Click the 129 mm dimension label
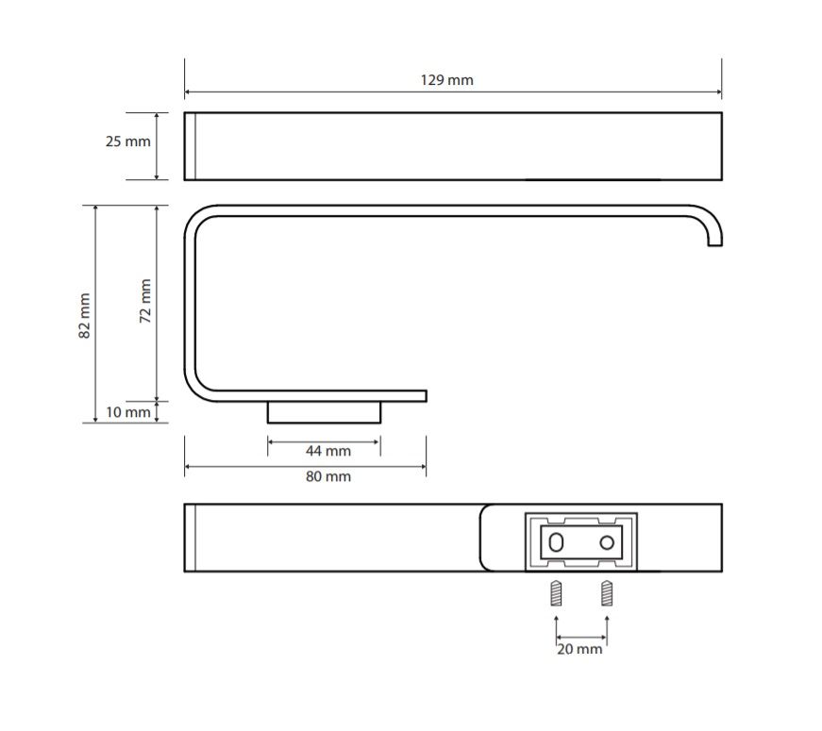tap(446, 80)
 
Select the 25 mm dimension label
tap(128, 141)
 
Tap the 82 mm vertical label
tap(84, 315)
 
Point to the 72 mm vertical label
tap(145, 300)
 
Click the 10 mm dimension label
tap(128, 412)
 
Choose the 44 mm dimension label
tap(328, 451)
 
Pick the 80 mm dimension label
tap(328, 477)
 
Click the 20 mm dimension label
tap(579, 649)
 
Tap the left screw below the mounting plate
tap(556, 593)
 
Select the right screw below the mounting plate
tap(607, 593)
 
